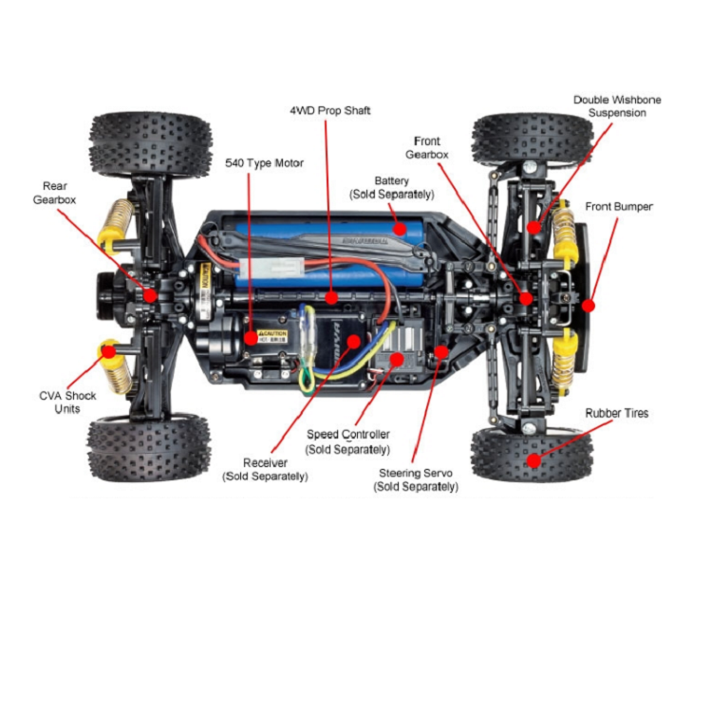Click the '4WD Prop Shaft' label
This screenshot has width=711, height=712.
pos(329,111)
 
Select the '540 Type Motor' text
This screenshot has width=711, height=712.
pos(264,163)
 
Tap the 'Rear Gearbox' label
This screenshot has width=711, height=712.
pos(55,193)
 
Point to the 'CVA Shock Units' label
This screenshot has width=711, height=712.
pos(67,403)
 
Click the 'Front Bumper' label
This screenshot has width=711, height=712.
pos(619,206)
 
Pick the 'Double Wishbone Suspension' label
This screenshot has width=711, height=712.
pos(616,106)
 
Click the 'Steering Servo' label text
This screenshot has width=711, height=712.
pos(418,479)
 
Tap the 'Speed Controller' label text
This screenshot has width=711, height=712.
pos(347,441)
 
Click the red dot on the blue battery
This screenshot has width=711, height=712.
pos(401,228)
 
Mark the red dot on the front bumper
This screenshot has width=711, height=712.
pos(588,306)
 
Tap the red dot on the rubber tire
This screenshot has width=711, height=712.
pos(533,460)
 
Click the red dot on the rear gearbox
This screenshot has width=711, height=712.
pos(150,295)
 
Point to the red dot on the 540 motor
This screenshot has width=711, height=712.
pos(251,337)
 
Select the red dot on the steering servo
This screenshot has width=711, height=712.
pos(440,351)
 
